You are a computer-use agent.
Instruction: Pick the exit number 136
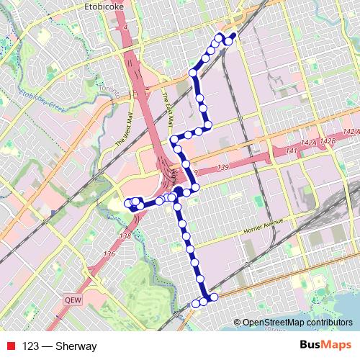click(109, 253)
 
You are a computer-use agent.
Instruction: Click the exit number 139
click(203, 166)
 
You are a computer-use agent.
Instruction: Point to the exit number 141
click(291, 150)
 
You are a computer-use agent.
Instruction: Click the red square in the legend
click(9, 346)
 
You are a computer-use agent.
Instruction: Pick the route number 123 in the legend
click(31, 346)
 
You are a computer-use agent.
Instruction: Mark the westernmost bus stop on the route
click(129, 202)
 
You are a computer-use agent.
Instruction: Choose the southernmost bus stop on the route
click(196, 304)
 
